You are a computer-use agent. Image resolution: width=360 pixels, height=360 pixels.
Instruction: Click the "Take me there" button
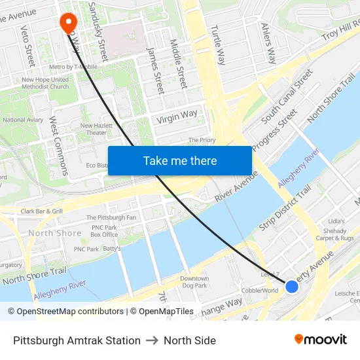tap(180, 160)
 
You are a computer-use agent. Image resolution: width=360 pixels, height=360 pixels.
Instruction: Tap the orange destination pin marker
tap(68, 23)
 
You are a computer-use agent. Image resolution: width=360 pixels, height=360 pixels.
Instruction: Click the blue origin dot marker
tap(292, 286)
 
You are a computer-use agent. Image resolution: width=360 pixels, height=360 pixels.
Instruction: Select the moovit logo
tap(321, 339)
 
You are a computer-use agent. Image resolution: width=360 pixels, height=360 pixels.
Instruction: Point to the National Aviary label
tap(23, 120)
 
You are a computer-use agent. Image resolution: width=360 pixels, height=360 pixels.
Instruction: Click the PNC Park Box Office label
tap(104, 230)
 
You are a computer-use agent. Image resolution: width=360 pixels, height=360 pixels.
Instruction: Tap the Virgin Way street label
tap(177, 117)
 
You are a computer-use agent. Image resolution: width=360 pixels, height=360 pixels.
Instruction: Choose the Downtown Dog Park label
tap(194, 282)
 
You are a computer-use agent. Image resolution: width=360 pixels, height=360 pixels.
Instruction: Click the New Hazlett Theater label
tap(96, 129)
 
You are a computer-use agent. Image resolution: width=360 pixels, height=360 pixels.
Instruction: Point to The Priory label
tap(202, 140)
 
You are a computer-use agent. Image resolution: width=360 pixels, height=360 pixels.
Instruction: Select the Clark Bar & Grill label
tap(42, 211)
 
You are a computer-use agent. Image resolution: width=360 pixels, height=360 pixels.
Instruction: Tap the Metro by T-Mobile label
tap(74, 67)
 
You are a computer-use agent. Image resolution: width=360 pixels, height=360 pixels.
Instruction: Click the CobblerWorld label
tap(261, 291)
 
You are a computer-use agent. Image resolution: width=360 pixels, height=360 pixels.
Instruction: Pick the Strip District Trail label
tap(285, 208)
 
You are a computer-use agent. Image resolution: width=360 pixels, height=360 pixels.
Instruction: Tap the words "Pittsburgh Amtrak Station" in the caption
tap(77, 340)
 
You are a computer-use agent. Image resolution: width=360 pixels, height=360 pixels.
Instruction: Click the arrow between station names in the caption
tap(152, 340)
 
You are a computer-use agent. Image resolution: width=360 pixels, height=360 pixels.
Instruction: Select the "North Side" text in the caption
tap(190, 340)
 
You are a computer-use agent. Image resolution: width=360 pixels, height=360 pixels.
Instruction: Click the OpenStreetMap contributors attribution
tap(66, 312)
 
